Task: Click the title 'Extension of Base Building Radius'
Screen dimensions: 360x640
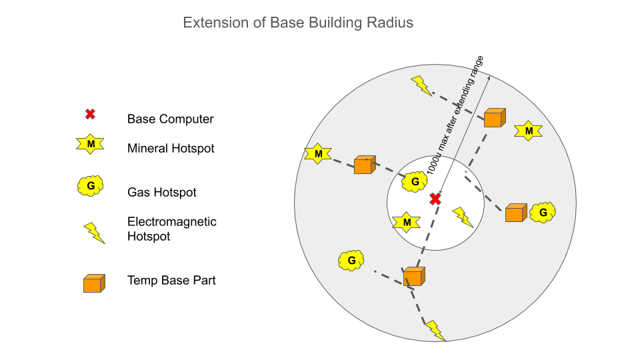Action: coord(298,23)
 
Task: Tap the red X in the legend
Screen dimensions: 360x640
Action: coord(90,114)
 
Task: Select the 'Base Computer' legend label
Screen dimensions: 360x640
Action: coord(170,119)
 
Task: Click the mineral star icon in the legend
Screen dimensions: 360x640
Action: coord(91,144)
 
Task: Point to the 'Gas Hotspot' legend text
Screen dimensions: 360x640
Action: coord(161,193)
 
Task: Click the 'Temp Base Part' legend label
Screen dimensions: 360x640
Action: coord(171,281)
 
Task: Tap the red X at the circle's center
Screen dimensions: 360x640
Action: coord(435,199)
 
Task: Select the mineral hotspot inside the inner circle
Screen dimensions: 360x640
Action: coord(406,222)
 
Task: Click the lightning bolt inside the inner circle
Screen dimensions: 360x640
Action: coord(463,217)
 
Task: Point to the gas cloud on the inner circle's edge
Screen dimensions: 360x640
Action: coord(415,181)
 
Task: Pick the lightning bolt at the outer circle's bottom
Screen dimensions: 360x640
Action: coord(435,330)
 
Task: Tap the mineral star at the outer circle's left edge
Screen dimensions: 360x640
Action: coord(318,154)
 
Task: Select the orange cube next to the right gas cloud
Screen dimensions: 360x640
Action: coord(515,213)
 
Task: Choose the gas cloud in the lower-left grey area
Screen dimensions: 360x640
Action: coord(351,260)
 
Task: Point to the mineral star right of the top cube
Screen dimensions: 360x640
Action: coord(529,131)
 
